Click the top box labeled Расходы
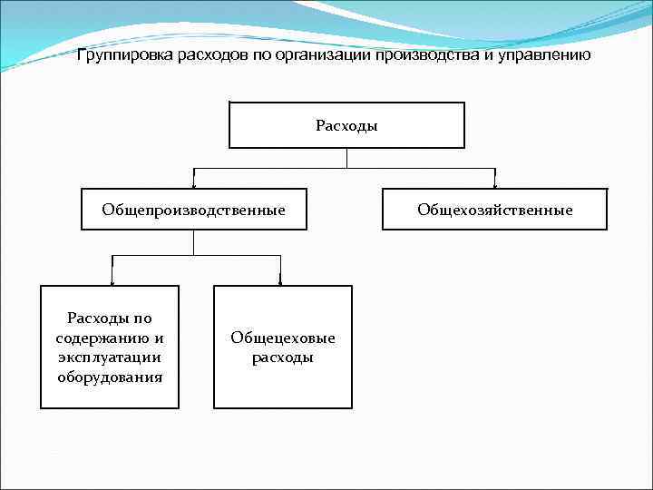[x=346, y=125]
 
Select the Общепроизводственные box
[x=193, y=210]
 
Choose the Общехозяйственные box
[x=494, y=210]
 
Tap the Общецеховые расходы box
[x=282, y=347]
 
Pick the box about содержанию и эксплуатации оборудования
[x=110, y=347]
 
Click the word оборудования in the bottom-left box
[x=110, y=377]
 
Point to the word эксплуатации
[x=110, y=358]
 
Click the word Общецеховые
[x=282, y=338]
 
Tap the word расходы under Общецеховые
[x=282, y=358]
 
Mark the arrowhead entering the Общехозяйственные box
[x=495, y=185]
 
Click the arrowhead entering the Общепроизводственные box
[x=193, y=185]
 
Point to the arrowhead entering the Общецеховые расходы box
[x=280, y=282]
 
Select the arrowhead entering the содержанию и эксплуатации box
[x=112, y=282]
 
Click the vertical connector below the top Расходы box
[x=347, y=158]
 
